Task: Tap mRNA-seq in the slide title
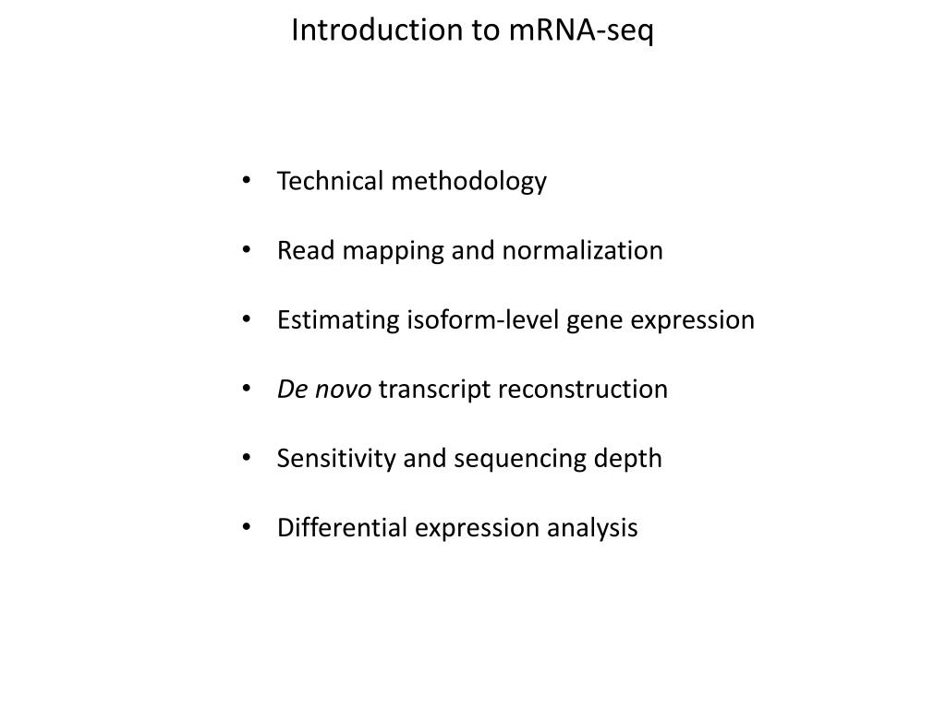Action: (581, 30)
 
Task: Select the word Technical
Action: (330, 181)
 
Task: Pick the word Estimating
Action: (338, 320)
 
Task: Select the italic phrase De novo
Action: (324, 390)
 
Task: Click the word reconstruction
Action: (583, 390)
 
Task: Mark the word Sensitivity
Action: (336, 459)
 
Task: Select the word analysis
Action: (592, 529)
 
